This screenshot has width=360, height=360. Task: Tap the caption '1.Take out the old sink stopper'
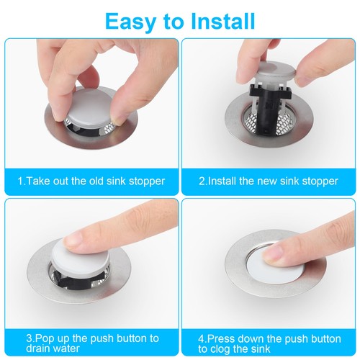pos(91,181)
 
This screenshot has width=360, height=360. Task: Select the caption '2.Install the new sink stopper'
pos(268,181)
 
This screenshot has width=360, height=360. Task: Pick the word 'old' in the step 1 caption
pos(95,181)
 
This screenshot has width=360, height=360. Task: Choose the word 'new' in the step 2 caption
pos(269,181)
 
